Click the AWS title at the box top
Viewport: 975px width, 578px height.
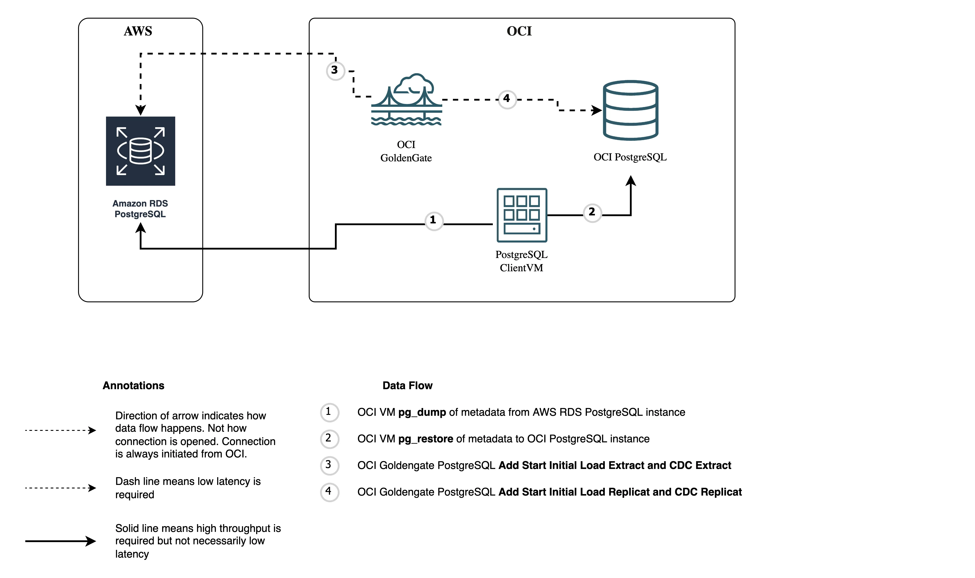click(x=138, y=31)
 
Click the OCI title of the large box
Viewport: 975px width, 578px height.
click(x=519, y=31)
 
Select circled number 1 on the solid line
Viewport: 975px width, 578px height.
click(x=433, y=221)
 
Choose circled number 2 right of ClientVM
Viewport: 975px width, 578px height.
click(x=592, y=213)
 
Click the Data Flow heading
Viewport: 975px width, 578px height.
click(x=407, y=386)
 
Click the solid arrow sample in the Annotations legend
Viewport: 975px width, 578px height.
click(x=60, y=541)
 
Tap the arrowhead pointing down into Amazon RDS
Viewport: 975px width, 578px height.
click(x=140, y=110)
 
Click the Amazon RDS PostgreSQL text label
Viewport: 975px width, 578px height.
click(x=140, y=209)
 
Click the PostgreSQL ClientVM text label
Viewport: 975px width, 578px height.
click(x=521, y=261)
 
